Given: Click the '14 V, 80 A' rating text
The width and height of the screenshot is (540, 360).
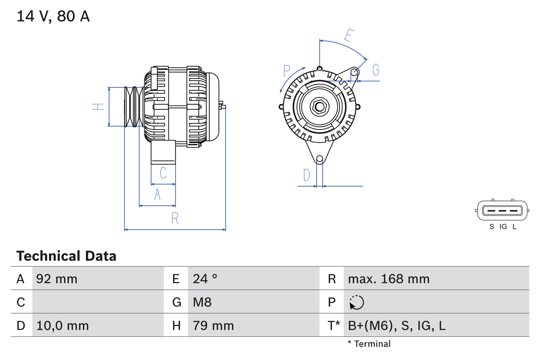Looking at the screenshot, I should [x=53, y=16].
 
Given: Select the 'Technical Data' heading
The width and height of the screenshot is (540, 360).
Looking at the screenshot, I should [x=66, y=256].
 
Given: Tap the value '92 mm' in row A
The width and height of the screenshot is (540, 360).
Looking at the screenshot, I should [x=57, y=279].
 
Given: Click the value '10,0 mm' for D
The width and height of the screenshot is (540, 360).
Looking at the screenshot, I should [x=62, y=325].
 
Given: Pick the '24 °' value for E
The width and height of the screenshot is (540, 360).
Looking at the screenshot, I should [x=205, y=279].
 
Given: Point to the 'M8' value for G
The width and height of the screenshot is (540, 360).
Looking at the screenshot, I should [x=202, y=302].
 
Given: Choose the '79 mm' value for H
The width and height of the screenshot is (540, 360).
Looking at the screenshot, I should [x=213, y=325].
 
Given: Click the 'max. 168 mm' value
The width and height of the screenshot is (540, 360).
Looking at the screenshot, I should [x=389, y=279].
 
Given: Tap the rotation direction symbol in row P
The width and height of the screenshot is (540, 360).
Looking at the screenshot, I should [x=356, y=302].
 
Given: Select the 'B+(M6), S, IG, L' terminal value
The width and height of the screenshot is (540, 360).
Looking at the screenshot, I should [x=397, y=325].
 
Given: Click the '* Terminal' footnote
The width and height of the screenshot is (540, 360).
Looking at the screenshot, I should [x=369, y=344].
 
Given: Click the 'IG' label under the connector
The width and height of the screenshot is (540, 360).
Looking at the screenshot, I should [x=503, y=227].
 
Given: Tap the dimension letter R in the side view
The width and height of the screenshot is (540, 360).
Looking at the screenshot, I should [x=175, y=218].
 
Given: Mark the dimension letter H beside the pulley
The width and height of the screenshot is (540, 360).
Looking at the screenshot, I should [x=98, y=106].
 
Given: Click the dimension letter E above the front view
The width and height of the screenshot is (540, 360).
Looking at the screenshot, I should [x=348, y=36].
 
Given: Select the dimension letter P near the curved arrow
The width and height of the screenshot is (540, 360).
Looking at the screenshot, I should [x=287, y=70].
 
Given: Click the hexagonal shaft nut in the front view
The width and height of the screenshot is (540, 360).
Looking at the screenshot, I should [x=319, y=106].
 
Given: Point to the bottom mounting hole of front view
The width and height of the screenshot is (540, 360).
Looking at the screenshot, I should [x=319, y=159].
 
